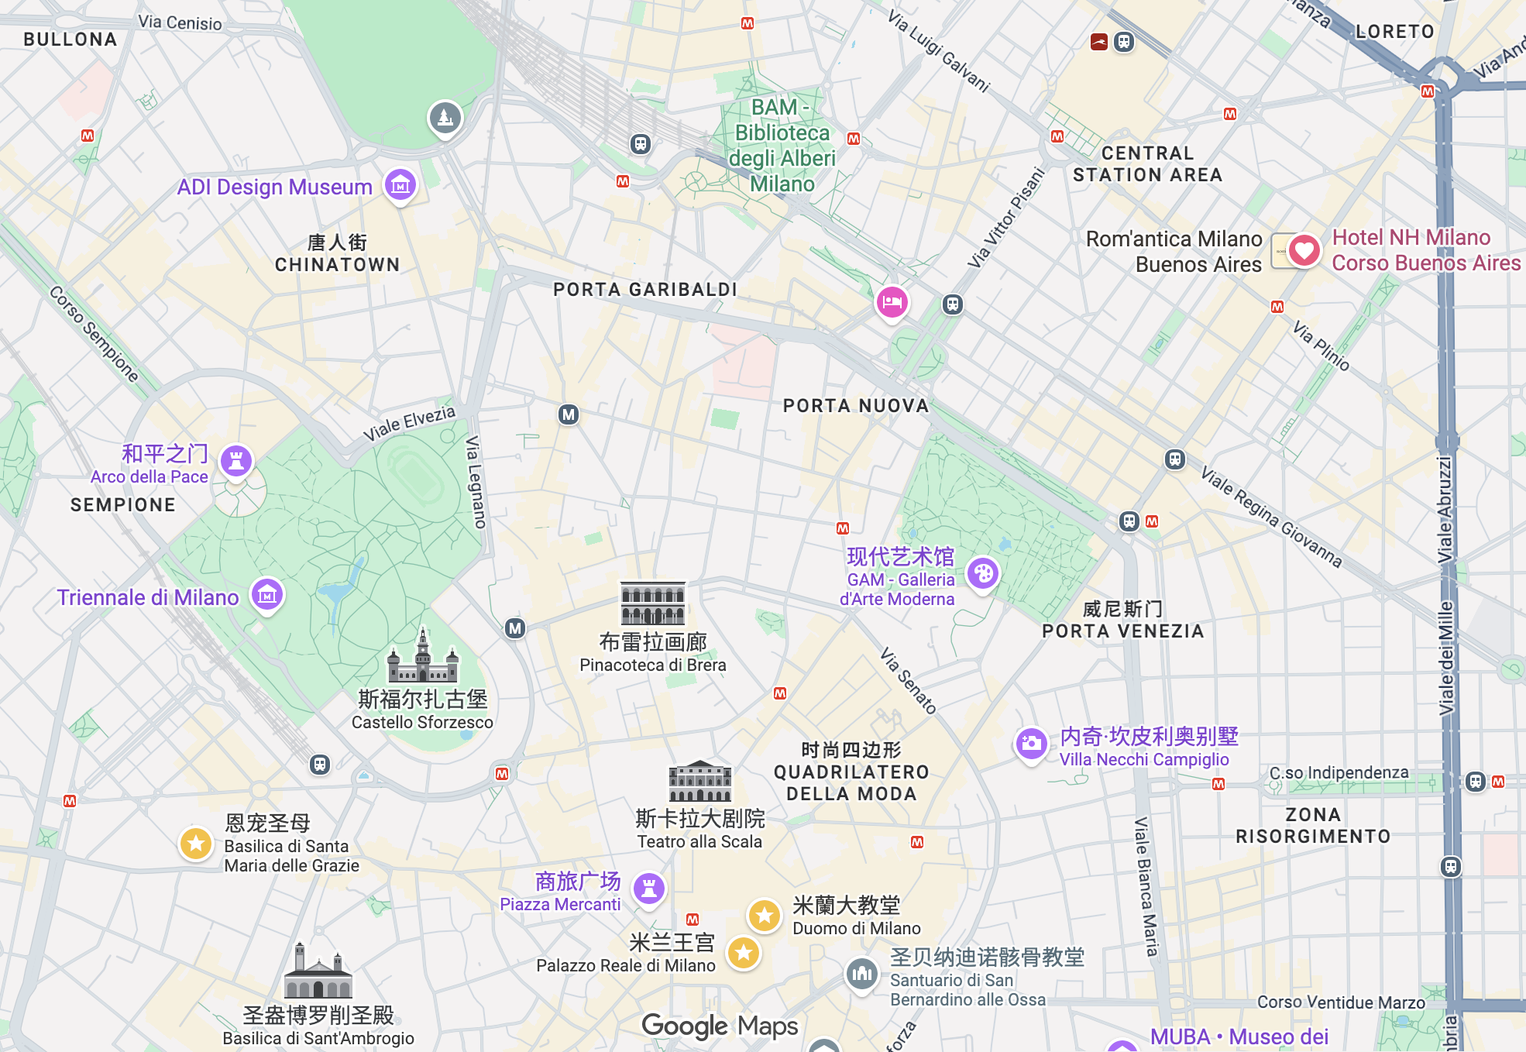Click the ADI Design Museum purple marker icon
pos(400,185)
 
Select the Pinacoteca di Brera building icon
pos(653,603)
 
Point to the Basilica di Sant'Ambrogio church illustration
pos(318,971)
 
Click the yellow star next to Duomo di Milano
pos(765,916)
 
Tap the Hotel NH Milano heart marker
pos(1304,250)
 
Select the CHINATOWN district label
pos(337,264)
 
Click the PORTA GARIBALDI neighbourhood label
pos(644,290)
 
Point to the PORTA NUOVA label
pos(855,406)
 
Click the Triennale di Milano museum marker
pos(267,595)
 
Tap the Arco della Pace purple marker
pos(236,461)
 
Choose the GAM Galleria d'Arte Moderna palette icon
pos(983,574)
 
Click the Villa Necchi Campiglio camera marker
pos(1031,744)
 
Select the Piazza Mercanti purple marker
pos(649,889)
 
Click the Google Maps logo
pos(720,1026)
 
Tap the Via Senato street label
pos(908,680)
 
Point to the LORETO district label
pos(1394,32)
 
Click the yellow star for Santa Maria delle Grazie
pos(196,843)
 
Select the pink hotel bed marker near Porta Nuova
pos(892,302)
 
